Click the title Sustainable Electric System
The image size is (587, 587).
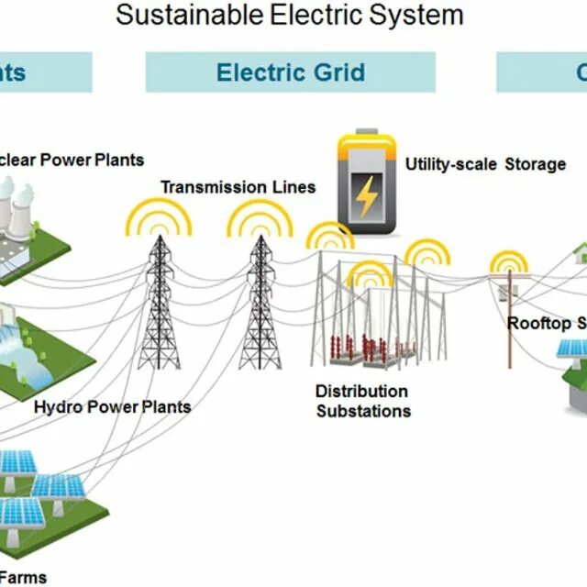pyautogui.click(x=290, y=15)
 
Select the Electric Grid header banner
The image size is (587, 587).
pyautogui.click(x=290, y=72)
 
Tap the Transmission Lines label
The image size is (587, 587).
pyautogui.click(x=238, y=187)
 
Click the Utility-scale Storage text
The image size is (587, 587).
pyautogui.click(x=485, y=164)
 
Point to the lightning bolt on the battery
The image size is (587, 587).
pyautogui.click(x=366, y=194)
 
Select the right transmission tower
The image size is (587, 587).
pyautogui.click(x=260, y=303)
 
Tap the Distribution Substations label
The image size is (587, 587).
pyautogui.click(x=362, y=401)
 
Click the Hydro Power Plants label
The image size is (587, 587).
pyautogui.click(x=112, y=406)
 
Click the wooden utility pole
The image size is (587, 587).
pyautogui.click(x=510, y=321)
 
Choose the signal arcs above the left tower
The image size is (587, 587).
pyautogui.click(x=159, y=216)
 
